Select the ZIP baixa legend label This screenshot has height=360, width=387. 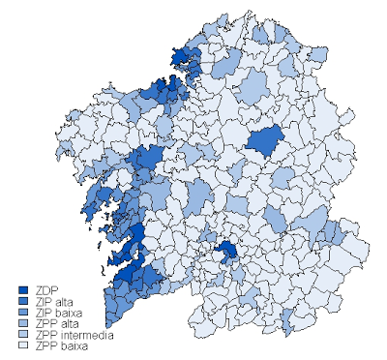(x=57, y=314)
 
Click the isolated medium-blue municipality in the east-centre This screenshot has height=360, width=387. (x=264, y=141)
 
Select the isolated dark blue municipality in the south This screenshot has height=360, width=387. (x=228, y=252)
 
